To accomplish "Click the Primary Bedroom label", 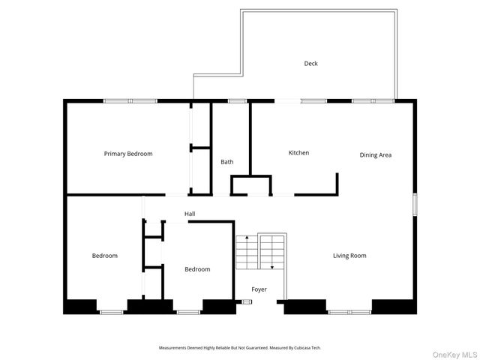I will point(128,154).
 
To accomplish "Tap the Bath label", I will point(226,162).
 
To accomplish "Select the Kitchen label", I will point(298,153).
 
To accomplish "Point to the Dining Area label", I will point(376,155).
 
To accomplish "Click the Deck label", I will point(310,64).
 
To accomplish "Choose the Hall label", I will point(190,214).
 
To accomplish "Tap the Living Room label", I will point(349,256).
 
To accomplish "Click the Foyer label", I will point(259,289).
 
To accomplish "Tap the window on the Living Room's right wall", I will point(414,205).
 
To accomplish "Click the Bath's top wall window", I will point(237,100).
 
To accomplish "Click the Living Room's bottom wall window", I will point(349,311).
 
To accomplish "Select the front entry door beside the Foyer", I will point(245,302).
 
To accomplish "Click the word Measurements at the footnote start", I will point(175,348).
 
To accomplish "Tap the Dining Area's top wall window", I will point(373,100).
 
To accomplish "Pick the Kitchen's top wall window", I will point(313,100).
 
